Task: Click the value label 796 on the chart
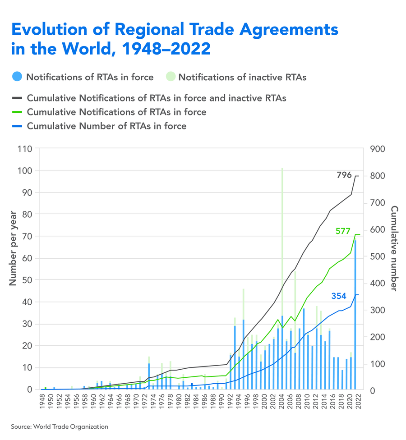point(344,175)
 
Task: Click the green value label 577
point(343,231)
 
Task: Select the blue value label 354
point(339,296)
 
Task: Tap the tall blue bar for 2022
point(355,316)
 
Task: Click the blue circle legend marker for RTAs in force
point(17,77)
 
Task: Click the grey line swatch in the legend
point(17,97)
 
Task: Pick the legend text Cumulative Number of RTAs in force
point(106,126)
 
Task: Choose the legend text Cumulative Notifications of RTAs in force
point(116,112)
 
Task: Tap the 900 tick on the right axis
point(377,149)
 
